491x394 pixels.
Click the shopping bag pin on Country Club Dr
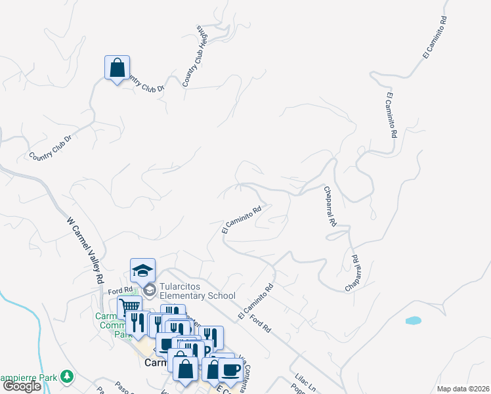coord(117,68)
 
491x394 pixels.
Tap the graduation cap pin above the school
coord(142,270)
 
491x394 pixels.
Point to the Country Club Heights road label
coord(196,56)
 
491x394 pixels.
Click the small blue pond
coord(413,320)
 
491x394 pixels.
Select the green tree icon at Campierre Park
coord(66,376)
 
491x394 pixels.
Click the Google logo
coord(22,386)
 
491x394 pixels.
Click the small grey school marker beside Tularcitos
coord(149,290)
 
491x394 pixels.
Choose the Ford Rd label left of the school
coord(121,290)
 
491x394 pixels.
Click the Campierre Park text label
coord(28,377)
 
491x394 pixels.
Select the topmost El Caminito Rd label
coord(435,38)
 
